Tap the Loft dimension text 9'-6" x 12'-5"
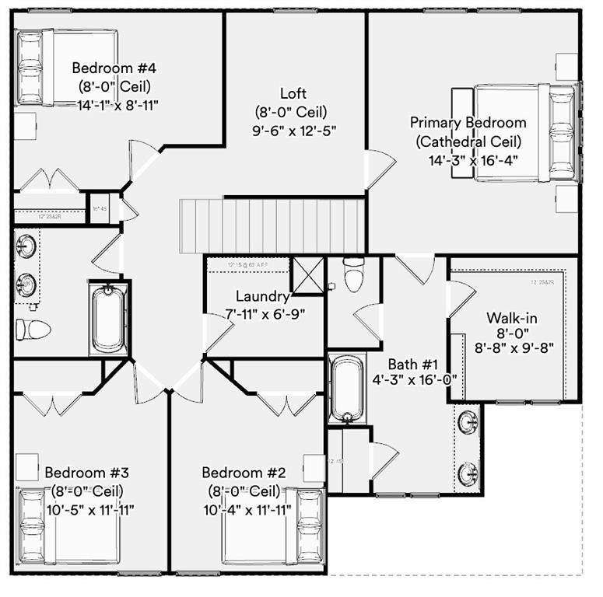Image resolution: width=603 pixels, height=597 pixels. click(295, 130)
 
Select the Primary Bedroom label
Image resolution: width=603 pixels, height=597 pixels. click(468, 122)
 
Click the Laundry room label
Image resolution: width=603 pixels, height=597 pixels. click(263, 296)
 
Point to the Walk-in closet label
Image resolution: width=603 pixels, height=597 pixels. click(512, 317)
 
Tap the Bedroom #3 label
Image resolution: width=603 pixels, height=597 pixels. click(86, 473)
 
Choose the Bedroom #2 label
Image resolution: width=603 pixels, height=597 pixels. click(244, 473)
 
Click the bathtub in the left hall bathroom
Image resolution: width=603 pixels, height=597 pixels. click(108, 319)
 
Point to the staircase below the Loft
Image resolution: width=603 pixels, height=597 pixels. click(272, 223)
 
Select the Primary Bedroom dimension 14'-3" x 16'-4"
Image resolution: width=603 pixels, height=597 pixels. click(473, 161)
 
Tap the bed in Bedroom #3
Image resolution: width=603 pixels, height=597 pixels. click(70, 529)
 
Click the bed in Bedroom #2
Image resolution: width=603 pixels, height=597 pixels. click(272, 529)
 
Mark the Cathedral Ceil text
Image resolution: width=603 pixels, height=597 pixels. click(468, 141)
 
